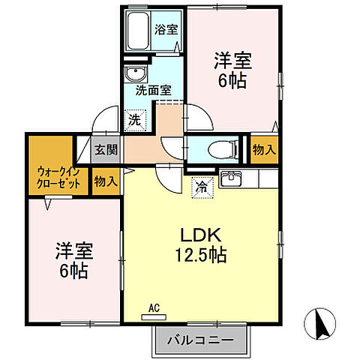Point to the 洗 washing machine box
[134, 118]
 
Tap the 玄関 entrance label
[106, 149]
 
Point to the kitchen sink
[233, 178]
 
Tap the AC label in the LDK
[154, 307]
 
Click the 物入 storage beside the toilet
[263, 149]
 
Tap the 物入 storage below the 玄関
[105, 181]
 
